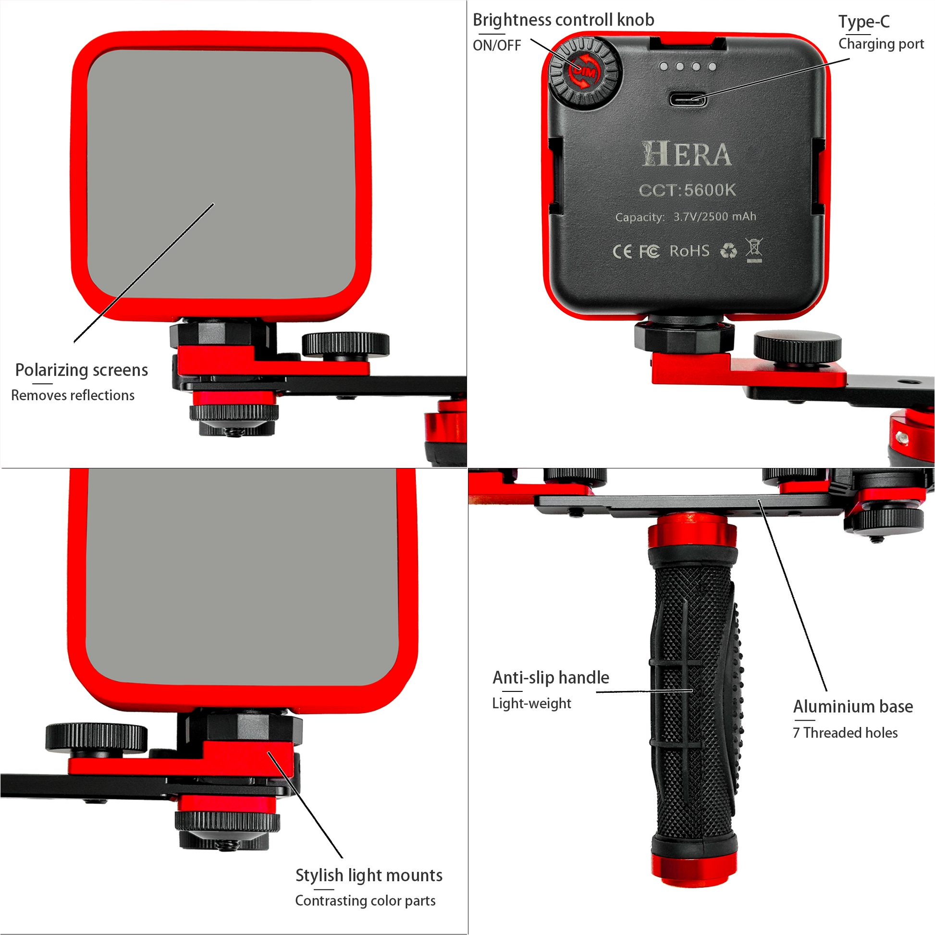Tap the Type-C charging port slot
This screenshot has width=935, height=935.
(x=688, y=99)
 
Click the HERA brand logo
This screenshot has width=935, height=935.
(x=686, y=154)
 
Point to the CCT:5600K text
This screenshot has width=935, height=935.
(x=687, y=190)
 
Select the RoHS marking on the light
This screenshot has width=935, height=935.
(x=689, y=251)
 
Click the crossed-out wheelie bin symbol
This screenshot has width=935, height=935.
(x=754, y=250)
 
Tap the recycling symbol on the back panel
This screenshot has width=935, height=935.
(x=728, y=251)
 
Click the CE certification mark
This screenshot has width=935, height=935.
(x=622, y=252)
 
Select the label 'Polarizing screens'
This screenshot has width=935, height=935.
(x=81, y=370)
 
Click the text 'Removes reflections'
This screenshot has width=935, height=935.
(x=73, y=395)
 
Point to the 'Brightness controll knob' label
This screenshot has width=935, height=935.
(x=563, y=20)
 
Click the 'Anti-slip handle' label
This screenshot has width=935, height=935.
(x=551, y=677)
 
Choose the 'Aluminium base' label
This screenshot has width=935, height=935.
(x=853, y=707)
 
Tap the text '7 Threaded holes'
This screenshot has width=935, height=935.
(x=845, y=733)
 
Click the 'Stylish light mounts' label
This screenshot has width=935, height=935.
(x=369, y=875)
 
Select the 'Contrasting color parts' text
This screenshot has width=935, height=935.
(x=365, y=900)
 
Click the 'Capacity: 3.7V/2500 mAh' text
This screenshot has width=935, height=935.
(x=685, y=217)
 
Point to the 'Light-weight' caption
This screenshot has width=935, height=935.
(x=531, y=703)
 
